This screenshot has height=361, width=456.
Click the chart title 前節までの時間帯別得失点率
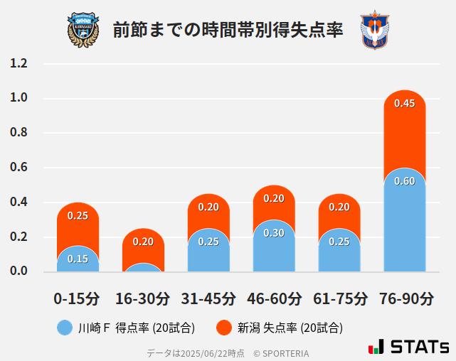[x=228, y=30]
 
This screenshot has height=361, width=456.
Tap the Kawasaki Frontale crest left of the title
[x=83, y=29]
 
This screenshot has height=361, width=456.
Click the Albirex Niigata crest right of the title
[x=375, y=30]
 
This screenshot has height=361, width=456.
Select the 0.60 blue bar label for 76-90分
[x=404, y=181]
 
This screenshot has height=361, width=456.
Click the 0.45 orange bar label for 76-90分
[x=404, y=104]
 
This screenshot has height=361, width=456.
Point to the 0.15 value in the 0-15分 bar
[x=78, y=259]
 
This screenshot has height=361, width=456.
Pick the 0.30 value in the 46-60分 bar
[x=274, y=233]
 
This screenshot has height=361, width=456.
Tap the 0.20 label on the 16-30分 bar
[x=143, y=242]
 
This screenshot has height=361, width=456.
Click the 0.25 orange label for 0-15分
[x=78, y=215]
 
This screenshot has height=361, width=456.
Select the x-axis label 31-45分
[x=208, y=298]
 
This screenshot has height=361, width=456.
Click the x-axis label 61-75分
[x=339, y=298]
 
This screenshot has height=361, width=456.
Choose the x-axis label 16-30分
[x=143, y=298]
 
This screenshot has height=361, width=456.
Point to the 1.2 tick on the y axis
[x=19, y=64]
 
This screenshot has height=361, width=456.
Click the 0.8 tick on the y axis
[x=19, y=133]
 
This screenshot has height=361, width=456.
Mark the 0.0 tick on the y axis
[x=19, y=271]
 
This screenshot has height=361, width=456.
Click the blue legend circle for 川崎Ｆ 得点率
[x=65, y=328]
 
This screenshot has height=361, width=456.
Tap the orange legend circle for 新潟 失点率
[x=224, y=328]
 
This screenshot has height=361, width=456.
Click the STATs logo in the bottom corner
[x=409, y=347]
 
